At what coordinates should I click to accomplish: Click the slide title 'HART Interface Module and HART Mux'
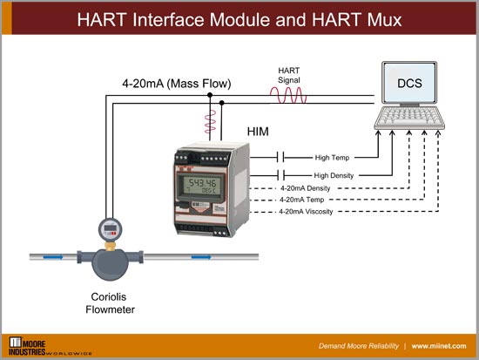point(239,18)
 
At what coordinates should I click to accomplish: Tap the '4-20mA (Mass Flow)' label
point(177,85)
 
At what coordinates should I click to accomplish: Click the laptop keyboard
point(416,121)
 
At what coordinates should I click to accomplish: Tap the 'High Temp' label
point(332,158)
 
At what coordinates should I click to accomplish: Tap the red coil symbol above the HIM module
point(209,123)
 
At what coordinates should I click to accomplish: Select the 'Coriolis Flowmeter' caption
point(111,300)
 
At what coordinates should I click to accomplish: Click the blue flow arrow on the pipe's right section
point(203,257)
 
